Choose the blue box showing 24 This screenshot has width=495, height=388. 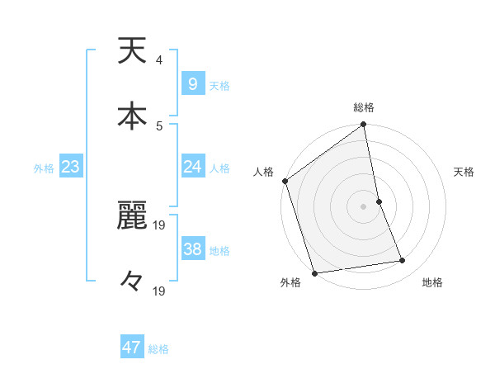tap(192, 168)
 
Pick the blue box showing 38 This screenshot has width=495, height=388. tap(192, 250)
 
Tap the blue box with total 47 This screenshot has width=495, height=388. tap(131, 348)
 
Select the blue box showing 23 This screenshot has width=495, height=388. tap(70, 168)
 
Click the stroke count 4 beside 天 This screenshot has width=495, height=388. tap(159, 60)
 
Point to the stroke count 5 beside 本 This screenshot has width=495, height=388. tap(159, 125)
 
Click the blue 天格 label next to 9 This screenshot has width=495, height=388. tap(219, 86)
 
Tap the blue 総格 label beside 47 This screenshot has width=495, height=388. tap(158, 349)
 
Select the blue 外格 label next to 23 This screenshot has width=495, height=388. tap(44, 168)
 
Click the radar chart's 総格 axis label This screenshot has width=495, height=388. tap(364, 107)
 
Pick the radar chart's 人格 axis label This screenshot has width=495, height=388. tap(264, 172)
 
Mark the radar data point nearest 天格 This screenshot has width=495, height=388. tap(379, 201)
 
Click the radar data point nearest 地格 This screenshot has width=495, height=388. tap(403, 261)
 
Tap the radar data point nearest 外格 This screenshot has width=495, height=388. tap(314, 272)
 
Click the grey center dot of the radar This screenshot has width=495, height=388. tap(364, 206)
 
